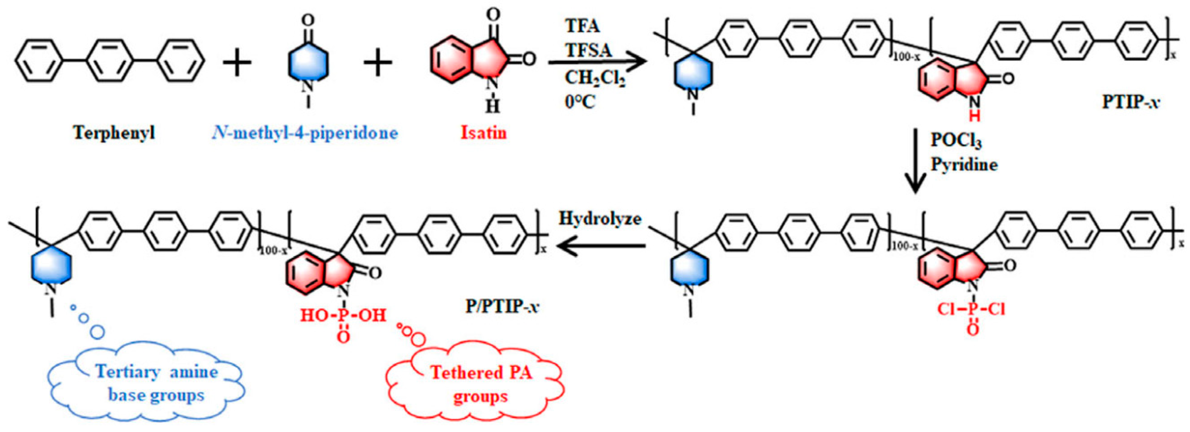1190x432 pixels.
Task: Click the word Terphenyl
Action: pos(114,133)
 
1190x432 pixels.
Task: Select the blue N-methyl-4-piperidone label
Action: pos(305,133)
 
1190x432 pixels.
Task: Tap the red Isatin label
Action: pos(483,133)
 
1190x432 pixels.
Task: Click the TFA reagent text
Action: pos(583,26)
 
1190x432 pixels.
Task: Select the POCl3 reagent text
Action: pos(955,140)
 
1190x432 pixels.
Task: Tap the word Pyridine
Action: pos(964,165)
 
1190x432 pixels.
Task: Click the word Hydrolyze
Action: pos(600,218)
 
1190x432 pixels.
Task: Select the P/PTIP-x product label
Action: pos(502,306)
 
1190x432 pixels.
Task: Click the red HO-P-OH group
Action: pos(343,316)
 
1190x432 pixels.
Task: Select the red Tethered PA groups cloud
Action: pos(480,384)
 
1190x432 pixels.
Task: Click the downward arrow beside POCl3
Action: pos(914,162)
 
